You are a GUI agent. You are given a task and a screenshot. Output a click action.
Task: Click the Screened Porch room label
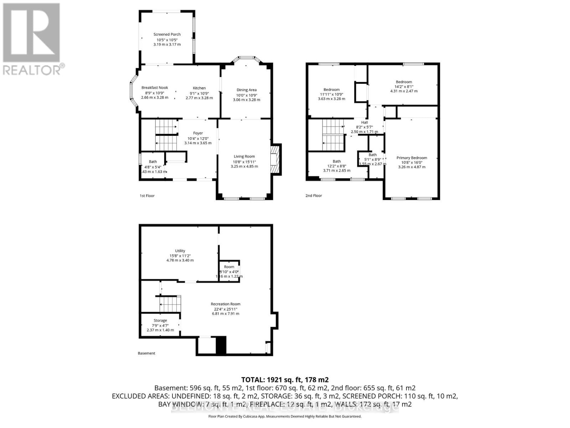coord(167,35)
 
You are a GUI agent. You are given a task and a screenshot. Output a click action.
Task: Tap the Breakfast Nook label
coord(155,88)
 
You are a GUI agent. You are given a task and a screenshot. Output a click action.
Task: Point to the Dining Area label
coord(247,90)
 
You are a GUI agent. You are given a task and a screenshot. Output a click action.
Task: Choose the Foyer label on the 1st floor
coord(198,133)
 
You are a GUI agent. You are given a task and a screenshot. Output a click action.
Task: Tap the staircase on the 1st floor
coord(166,135)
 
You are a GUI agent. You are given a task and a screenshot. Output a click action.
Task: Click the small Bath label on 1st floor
coord(153,162)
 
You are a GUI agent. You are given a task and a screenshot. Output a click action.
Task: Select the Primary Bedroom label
coord(411,158)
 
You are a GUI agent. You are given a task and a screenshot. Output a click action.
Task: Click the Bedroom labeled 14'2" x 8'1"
coord(404,82)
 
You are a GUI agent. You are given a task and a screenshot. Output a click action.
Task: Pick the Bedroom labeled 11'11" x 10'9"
coord(331,90)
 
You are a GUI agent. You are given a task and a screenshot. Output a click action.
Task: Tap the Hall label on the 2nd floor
coord(364,122)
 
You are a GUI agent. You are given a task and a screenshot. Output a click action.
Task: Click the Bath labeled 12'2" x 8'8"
coord(337,161)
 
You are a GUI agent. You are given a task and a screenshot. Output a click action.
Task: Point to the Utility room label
coord(180,251)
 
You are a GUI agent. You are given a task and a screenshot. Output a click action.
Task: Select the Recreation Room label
coord(225,304)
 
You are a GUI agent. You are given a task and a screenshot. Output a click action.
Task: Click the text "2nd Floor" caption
coord(313,195)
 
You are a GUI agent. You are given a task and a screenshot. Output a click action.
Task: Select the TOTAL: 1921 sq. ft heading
coord(285,379)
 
